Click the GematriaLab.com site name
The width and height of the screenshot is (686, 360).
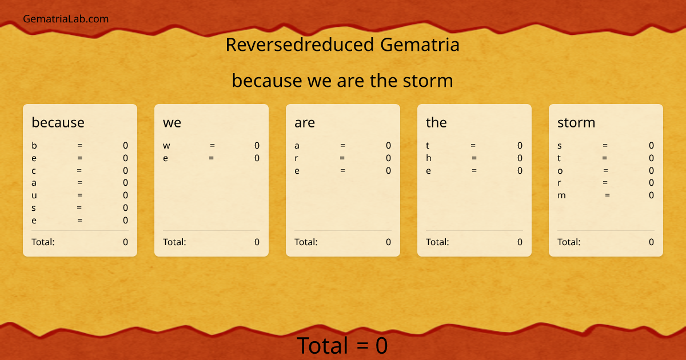[x=66, y=19]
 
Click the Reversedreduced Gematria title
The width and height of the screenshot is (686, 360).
[x=342, y=45]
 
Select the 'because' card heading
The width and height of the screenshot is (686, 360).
[x=58, y=122]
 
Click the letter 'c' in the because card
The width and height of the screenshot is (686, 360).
[x=34, y=170]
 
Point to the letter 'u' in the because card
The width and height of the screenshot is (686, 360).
[x=34, y=195]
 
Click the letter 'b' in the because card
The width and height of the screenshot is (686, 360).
[x=34, y=146]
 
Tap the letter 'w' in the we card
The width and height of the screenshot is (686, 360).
[x=166, y=146]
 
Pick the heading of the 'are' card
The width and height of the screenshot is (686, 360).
[x=304, y=122]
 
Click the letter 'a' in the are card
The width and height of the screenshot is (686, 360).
[x=297, y=146]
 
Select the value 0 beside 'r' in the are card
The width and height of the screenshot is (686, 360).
[x=388, y=158]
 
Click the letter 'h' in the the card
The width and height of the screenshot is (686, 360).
[x=429, y=158]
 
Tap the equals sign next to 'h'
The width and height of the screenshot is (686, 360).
[x=474, y=158]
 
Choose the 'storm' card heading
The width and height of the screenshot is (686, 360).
[x=576, y=122]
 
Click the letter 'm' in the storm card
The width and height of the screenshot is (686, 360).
[x=561, y=195]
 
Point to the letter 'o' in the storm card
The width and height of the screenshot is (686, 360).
[x=560, y=170]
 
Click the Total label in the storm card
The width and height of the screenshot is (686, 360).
[x=569, y=242]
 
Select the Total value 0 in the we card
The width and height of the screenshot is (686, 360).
[x=257, y=242]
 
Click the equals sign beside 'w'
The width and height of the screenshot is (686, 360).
[x=212, y=146]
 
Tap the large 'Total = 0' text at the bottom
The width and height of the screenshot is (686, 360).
[x=342, y=346]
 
